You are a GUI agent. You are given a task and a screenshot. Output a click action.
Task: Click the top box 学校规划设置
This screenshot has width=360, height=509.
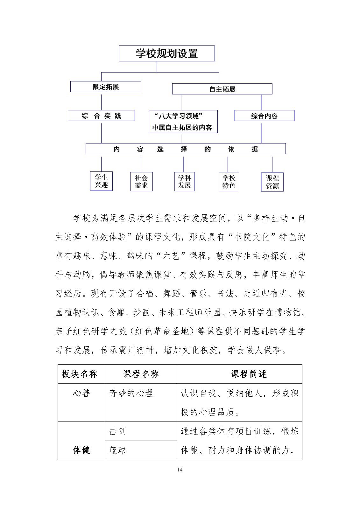(x=166, y=53)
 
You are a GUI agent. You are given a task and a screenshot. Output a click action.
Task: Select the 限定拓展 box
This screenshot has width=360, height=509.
(x=106, y=87)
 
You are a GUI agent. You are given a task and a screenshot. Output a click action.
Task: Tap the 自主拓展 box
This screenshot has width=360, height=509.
(x=222, y=89)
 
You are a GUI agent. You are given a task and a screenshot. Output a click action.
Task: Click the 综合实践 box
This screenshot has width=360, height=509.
(x=101, y=116)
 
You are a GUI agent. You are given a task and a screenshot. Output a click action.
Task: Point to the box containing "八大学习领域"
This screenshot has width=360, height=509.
(x=183, y=122)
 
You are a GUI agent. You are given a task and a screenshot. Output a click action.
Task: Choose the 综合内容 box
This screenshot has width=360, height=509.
(x=264, y=116)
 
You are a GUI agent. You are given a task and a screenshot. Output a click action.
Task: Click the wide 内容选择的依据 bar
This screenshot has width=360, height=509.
(x=186, y=149)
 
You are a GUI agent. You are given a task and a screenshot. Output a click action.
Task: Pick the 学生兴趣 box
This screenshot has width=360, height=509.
(x=101, y=181)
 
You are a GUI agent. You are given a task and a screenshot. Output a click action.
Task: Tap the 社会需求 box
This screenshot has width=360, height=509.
(x=141, y=182)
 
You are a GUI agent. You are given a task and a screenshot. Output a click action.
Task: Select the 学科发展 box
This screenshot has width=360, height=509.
(x=184, y=182)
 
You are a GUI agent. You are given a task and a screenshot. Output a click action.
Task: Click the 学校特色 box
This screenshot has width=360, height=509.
(x=229, y=182)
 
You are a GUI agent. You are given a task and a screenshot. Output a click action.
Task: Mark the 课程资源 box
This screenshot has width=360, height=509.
(x=272, y=182)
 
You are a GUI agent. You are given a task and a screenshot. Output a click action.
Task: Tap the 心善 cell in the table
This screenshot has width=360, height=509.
(x=81, y=394)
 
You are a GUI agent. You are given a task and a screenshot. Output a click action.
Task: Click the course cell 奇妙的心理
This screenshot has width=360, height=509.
(x=131, y=394)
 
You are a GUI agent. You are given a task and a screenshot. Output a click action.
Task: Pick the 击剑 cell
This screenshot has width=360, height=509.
(x=117, y=431)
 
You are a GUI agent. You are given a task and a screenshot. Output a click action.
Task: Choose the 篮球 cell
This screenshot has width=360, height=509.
(x=117, y=450)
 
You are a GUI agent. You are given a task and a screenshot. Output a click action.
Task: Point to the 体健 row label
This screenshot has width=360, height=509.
(x=81, y=450)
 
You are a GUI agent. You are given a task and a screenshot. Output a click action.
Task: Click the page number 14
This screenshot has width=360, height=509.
(x=180, y=470)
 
